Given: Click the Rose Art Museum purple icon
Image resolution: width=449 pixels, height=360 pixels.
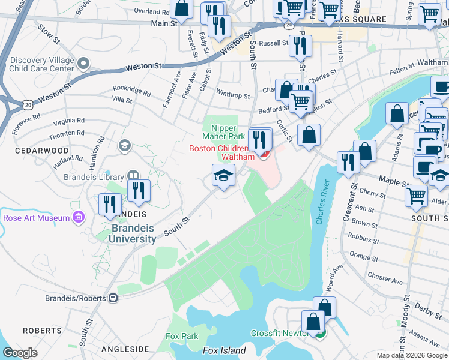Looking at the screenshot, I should coord(78,217).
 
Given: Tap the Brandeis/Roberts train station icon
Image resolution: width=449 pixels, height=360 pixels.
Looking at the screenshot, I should coord(113,298).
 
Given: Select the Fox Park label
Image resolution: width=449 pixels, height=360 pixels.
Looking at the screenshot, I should coord(182,336).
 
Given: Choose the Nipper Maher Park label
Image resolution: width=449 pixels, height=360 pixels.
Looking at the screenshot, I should coord(224,132).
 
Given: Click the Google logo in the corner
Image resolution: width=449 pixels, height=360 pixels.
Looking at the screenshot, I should coord(20,352).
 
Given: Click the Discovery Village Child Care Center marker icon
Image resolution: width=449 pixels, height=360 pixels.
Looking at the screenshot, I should coord(83,62).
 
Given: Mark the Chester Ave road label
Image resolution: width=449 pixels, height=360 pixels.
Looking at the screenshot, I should coord(385,279).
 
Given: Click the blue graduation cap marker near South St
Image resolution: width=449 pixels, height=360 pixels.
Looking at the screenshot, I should coord(223,176).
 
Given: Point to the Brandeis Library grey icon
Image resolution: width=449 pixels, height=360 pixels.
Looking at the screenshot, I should coord(133,176).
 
